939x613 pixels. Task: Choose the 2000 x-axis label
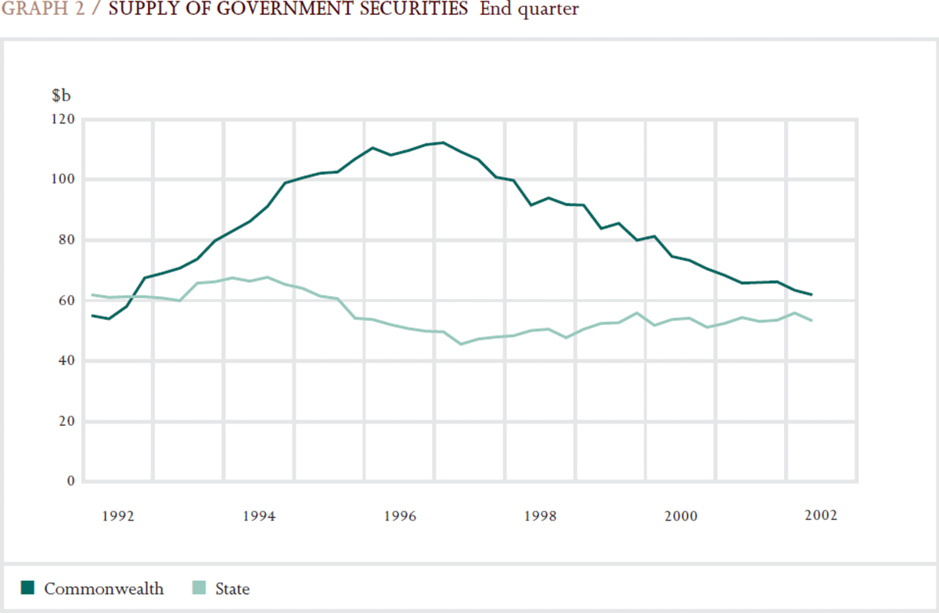click(681, 517)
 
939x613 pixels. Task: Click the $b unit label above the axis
click(61, 96)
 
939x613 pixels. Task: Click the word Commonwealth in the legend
click(104, 589)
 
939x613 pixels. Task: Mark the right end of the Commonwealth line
click(811, 295)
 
